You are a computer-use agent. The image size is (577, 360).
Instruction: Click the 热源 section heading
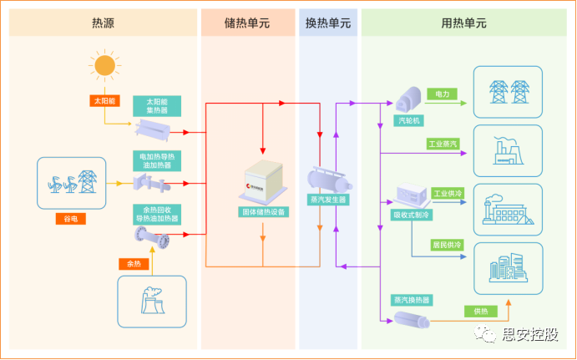click(103, 23)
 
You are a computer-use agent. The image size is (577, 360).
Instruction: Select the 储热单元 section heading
click(248, 23)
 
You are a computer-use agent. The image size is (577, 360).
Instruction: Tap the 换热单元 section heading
click(328, 23)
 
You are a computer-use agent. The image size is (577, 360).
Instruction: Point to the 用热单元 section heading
click(463, 23)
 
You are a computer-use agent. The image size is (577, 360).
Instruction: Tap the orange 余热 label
click(134, 264)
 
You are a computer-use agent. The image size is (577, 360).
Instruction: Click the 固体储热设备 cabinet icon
click(262, 185)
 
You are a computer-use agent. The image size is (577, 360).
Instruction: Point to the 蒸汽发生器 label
click(328, 200)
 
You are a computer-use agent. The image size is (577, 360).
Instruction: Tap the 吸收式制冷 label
click(411, 215)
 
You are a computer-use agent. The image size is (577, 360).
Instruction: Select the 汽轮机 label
click(405, 120)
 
